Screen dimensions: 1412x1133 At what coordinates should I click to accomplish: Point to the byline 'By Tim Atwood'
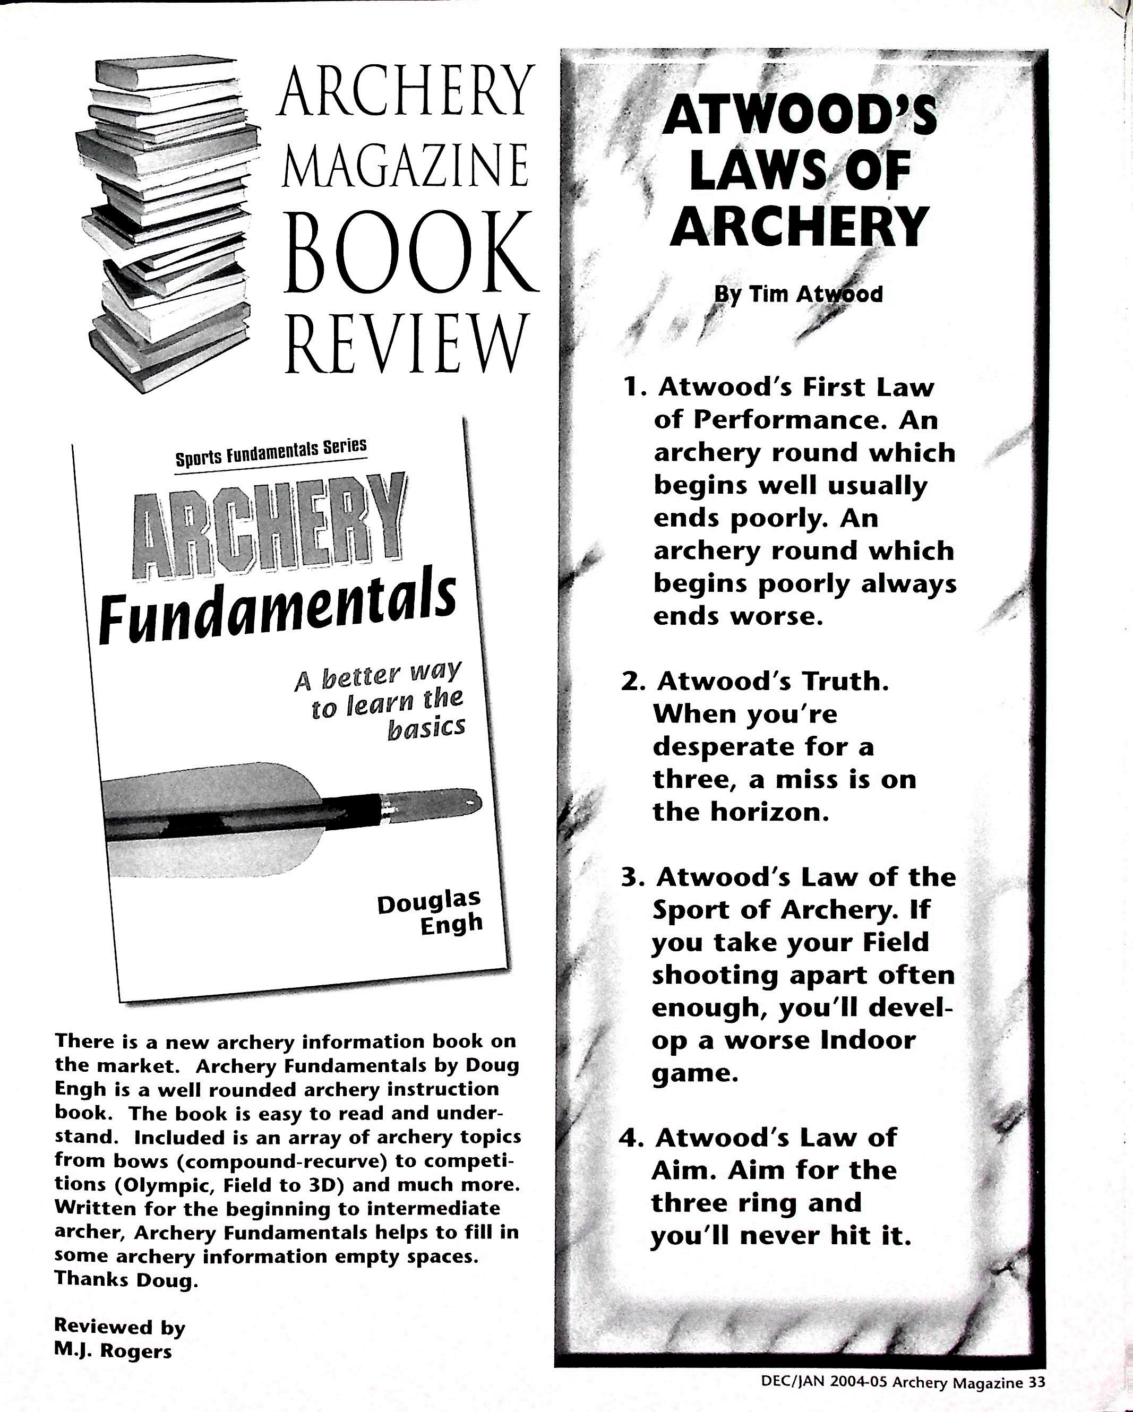point(797,294)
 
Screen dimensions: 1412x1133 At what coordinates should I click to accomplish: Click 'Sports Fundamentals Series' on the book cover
point(271,452)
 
